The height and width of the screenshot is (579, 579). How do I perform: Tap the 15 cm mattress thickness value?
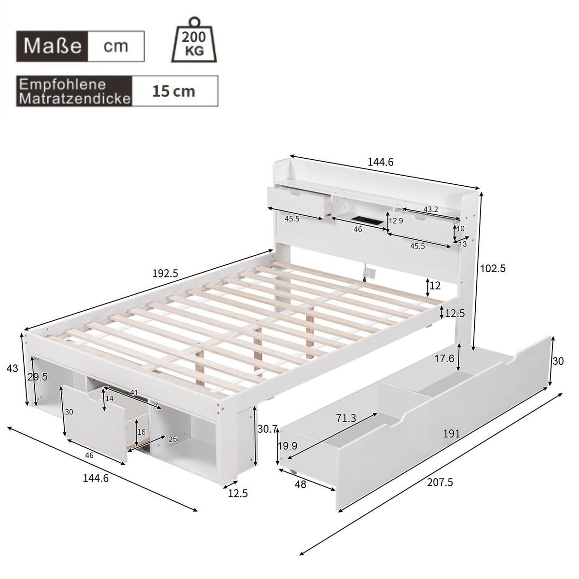[x=174, y=91]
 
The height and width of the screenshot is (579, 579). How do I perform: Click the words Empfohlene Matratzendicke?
[x=75, y=91]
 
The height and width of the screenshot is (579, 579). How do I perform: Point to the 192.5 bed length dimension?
[x=165, y=273]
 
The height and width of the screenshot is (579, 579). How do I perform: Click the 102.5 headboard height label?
[x=492, y=269]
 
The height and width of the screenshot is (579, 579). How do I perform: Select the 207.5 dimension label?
[x=440, y=482]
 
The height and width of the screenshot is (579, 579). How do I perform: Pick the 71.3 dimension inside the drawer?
[x=346, y=418]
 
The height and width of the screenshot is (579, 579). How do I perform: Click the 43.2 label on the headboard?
[x=430, y=209]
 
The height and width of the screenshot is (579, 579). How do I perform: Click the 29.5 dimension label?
[x=38, y=377]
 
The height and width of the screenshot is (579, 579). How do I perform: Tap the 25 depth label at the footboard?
[x=172, y=439]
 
